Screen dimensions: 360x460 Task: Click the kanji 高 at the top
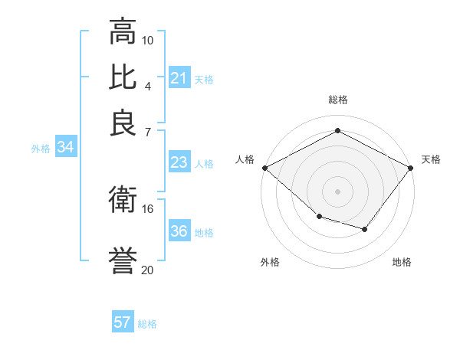(x=123, y=31)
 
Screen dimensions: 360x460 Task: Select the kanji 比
(x=123, y=77)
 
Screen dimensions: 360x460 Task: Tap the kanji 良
(x=123, y=123)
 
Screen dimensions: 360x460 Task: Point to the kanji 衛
(x=123, y=200)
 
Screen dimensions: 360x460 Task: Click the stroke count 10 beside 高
(x=148, y=40)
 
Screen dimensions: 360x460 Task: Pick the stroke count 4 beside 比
(x=148, y=86)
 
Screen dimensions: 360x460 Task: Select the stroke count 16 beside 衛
(x=148, y=208)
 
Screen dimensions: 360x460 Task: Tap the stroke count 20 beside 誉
(x=148, y=270)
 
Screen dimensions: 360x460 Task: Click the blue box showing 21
(x=179, y=77)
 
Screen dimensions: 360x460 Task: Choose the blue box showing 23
(x=179, y=162)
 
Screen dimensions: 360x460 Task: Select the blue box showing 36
(x=179, y=231)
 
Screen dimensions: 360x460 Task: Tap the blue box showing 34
(x=65, y=147)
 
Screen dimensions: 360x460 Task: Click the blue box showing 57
(x=123, y=322)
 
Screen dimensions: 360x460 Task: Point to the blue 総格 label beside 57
(x=147, y=324)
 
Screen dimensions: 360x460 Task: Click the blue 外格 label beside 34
(x=41, y=149)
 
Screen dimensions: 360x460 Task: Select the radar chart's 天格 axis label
(x=431, y=159)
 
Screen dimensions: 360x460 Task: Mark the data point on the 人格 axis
(x=264, y=167)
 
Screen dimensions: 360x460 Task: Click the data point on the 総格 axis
(x=337, y=131)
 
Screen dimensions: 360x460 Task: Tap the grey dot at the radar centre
(x=337, y=191)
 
